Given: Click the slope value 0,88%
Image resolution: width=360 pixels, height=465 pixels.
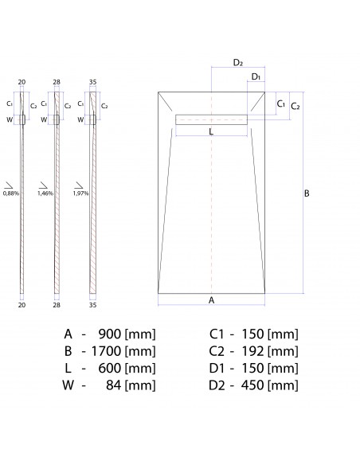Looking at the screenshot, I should (11, 193).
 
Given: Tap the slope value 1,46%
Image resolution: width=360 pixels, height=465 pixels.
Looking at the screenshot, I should (46, 193).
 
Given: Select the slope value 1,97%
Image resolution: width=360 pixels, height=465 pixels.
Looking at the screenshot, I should (80, 193).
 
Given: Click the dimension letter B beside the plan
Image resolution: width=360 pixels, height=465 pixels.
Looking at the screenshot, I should (307, 193).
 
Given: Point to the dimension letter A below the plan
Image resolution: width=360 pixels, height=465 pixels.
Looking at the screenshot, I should (211, 299).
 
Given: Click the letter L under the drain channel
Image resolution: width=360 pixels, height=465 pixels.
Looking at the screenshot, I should (210, 132).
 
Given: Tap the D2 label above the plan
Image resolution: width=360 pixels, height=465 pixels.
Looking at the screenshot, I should (238, 62).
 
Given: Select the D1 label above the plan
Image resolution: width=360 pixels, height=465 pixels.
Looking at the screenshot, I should (256, 76).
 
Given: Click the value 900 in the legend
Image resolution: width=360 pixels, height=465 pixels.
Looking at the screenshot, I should (109, 333).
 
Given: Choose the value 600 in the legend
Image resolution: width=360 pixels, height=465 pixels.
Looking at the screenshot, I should (109, 368).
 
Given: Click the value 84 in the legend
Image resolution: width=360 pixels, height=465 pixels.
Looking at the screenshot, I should (113, 385).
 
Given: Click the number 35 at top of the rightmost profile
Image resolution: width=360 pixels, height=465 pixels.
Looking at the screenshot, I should (92, 82).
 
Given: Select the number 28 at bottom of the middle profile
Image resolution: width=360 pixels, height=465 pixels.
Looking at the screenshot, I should (57, 304).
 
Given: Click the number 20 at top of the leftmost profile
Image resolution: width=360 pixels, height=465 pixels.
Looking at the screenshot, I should (22, 82).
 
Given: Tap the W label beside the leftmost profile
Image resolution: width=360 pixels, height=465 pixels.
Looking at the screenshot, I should (10, 119).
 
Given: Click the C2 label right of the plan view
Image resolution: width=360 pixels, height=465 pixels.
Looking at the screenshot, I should (294, 106).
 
